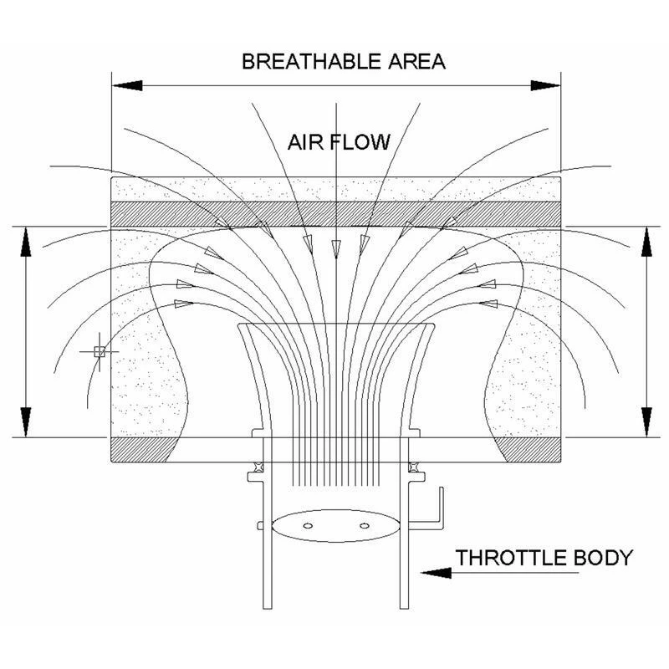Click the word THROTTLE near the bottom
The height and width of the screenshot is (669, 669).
tap(514, 557)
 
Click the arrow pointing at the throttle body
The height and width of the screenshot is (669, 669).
tap(435, 573)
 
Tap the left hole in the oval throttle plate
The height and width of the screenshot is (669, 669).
tap(308, 525)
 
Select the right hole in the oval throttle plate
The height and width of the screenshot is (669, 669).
tap(364, 525)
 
